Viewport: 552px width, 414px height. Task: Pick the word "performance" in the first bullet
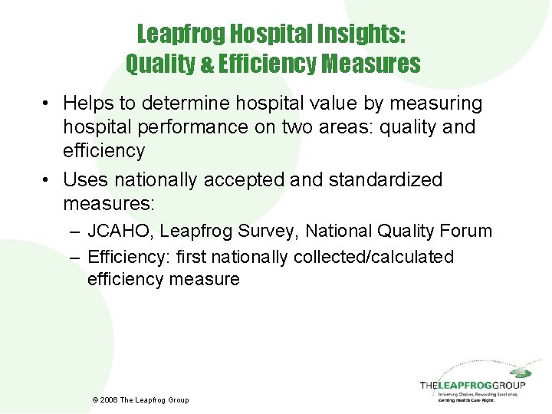coord(192,127)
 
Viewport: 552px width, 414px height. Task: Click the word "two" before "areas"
coord(291,127)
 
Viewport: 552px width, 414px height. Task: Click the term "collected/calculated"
coord(373,257)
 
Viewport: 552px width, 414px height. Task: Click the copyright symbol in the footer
coord(95,400)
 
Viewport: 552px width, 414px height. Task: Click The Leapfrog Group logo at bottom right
coord(472,387)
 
